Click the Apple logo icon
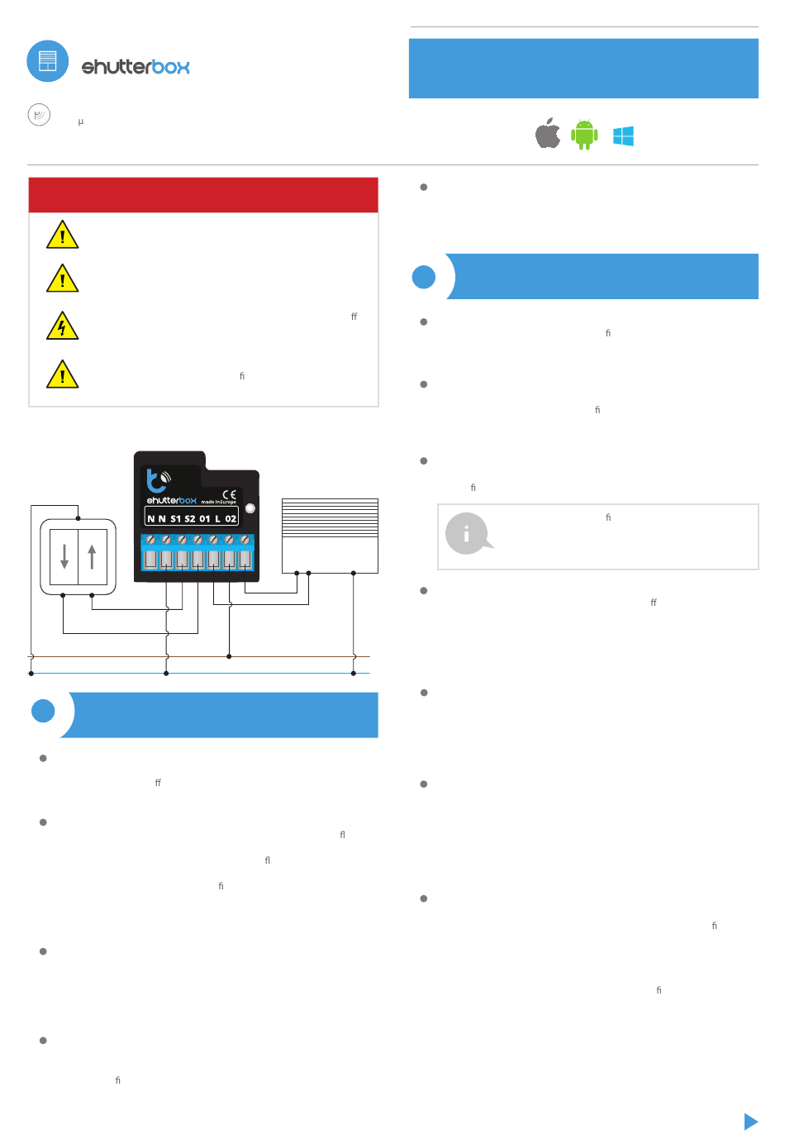point(547,133)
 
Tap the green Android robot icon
point(584,134)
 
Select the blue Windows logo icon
point(623,136)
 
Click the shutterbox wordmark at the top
point(136,67)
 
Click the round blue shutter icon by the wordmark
point(48,61)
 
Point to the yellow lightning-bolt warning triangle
point(62,326)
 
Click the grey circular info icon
point(467,534)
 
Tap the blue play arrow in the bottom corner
point(750,1121)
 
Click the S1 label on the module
point(175,519)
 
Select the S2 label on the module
point(190,519)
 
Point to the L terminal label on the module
point(217,519)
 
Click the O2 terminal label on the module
point(231,519)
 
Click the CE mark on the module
point(229,494)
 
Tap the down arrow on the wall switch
point(64,557)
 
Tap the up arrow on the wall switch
point(92,557)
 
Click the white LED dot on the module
point(250,508)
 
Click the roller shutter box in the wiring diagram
point(330,535)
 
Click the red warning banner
point(203,195)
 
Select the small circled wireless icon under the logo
point(39,115)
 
